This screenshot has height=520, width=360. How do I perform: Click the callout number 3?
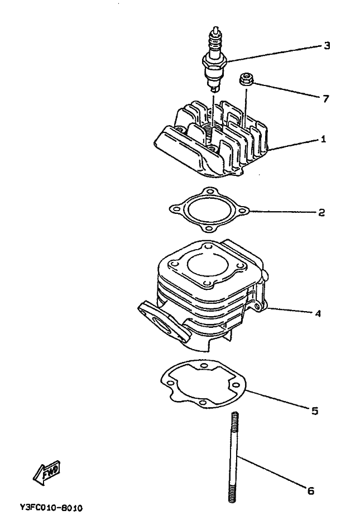click(x=327, y=45)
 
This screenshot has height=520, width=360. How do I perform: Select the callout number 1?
click(x=323, y=139)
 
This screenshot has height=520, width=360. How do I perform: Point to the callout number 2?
click(x=322, y=212)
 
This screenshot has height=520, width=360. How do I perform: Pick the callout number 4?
click(x=318, y=313)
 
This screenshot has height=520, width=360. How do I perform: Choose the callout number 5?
click(x=314, y=411)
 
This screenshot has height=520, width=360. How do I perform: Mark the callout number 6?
click(x=310, y=491)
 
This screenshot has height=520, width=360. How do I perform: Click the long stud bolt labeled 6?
click(x=232, y=458)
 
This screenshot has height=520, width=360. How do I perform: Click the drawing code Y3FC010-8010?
click(x=51, y=508)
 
